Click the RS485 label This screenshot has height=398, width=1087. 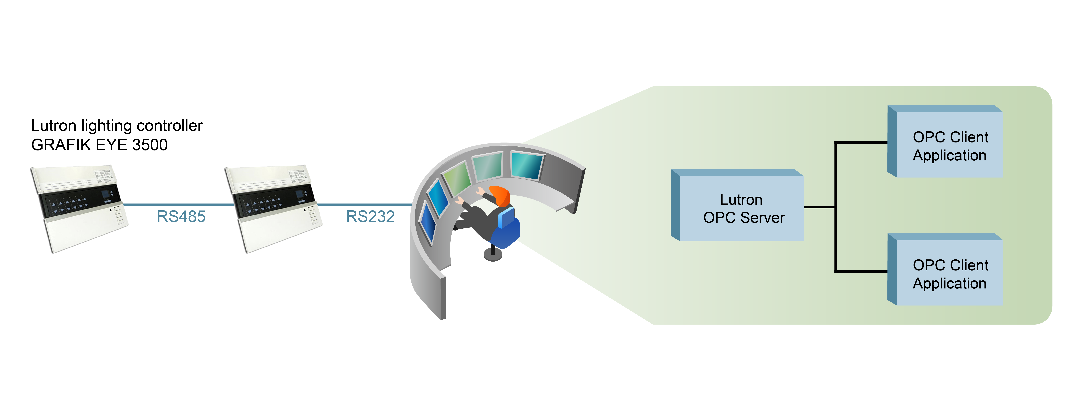(x=181, y=217)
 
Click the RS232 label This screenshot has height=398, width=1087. (x=370, y=217)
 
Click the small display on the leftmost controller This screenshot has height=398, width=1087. (x=105, y=195)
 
